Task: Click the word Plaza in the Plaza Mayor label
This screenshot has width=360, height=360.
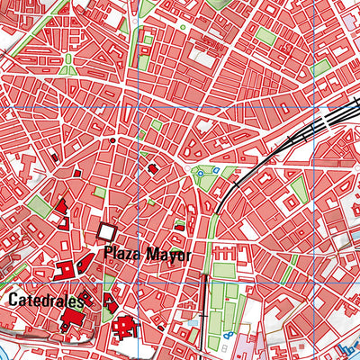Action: click(121, 255)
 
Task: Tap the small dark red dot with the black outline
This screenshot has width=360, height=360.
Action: click(112, 140)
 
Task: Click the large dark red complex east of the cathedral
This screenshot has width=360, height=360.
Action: click(125, 326)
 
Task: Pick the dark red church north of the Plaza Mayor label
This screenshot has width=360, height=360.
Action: click(153, 167)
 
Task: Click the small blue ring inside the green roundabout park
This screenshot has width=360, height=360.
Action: click(215, 171)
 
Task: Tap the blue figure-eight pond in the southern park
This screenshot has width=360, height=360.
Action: click(228, 335)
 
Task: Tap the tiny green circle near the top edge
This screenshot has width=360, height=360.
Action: click(181, 28)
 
